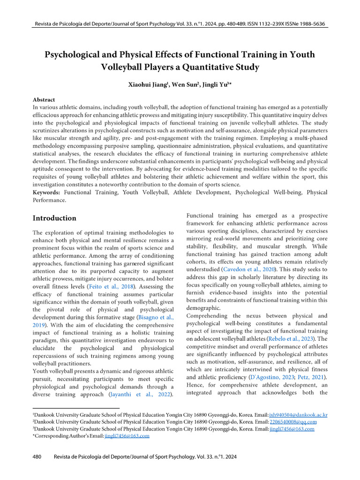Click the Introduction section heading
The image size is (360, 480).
point(54,218)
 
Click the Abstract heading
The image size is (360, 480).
point(44,100)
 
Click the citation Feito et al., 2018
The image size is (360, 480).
point(114,286)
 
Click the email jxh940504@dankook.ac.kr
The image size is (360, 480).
point(298,415)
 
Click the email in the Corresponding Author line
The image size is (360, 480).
point(127,436)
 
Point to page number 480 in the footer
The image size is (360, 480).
point(38,456)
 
